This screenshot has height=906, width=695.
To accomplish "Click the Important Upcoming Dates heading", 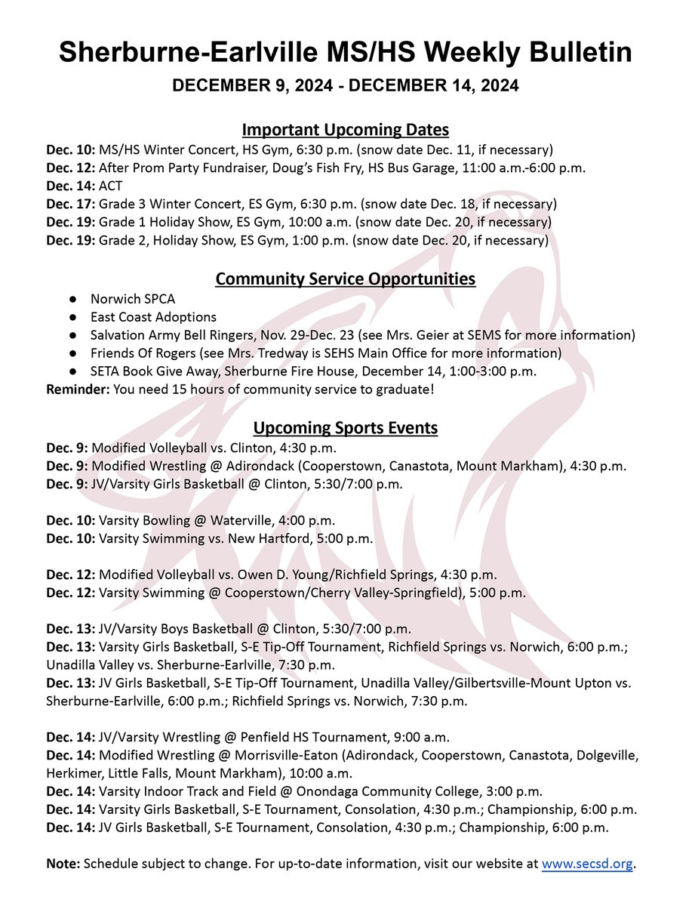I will (345, 128).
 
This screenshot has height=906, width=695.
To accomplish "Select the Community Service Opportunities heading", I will (345, 279).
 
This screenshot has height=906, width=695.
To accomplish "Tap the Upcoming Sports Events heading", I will (345, 428).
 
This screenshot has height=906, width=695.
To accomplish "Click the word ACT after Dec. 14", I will (112, 186).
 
